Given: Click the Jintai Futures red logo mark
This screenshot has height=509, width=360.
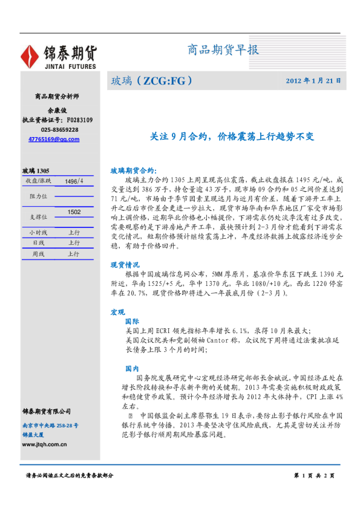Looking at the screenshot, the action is pyautogui.click(x=30, y=56).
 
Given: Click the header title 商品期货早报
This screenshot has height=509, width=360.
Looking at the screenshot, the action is pyautogui.click(x=224, y=50).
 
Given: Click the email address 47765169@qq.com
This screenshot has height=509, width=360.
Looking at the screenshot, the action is pyautogui.click(x=54, y=139).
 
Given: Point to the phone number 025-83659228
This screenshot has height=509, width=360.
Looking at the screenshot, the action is pyautogui.click(x=59, y=130).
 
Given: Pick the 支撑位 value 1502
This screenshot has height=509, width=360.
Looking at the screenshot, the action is pyautogui.click(x=74, y=212).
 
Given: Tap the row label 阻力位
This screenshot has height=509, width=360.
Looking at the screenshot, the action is pyautogui.click(x=38, y=196).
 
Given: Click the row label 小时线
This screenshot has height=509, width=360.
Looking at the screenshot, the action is pyautogui.click(x=38, y=232).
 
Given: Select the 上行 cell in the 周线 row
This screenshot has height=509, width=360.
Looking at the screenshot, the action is pyautogui.click(x=74, y=254).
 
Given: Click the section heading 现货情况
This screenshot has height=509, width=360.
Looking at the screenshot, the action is pyautogui.click(x=125, y=265).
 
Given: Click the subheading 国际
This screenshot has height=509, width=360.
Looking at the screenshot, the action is pyautogui.click(x=131, y=322).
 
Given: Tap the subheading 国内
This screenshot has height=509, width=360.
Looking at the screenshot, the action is pyautogui.click(x=131, y=368).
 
